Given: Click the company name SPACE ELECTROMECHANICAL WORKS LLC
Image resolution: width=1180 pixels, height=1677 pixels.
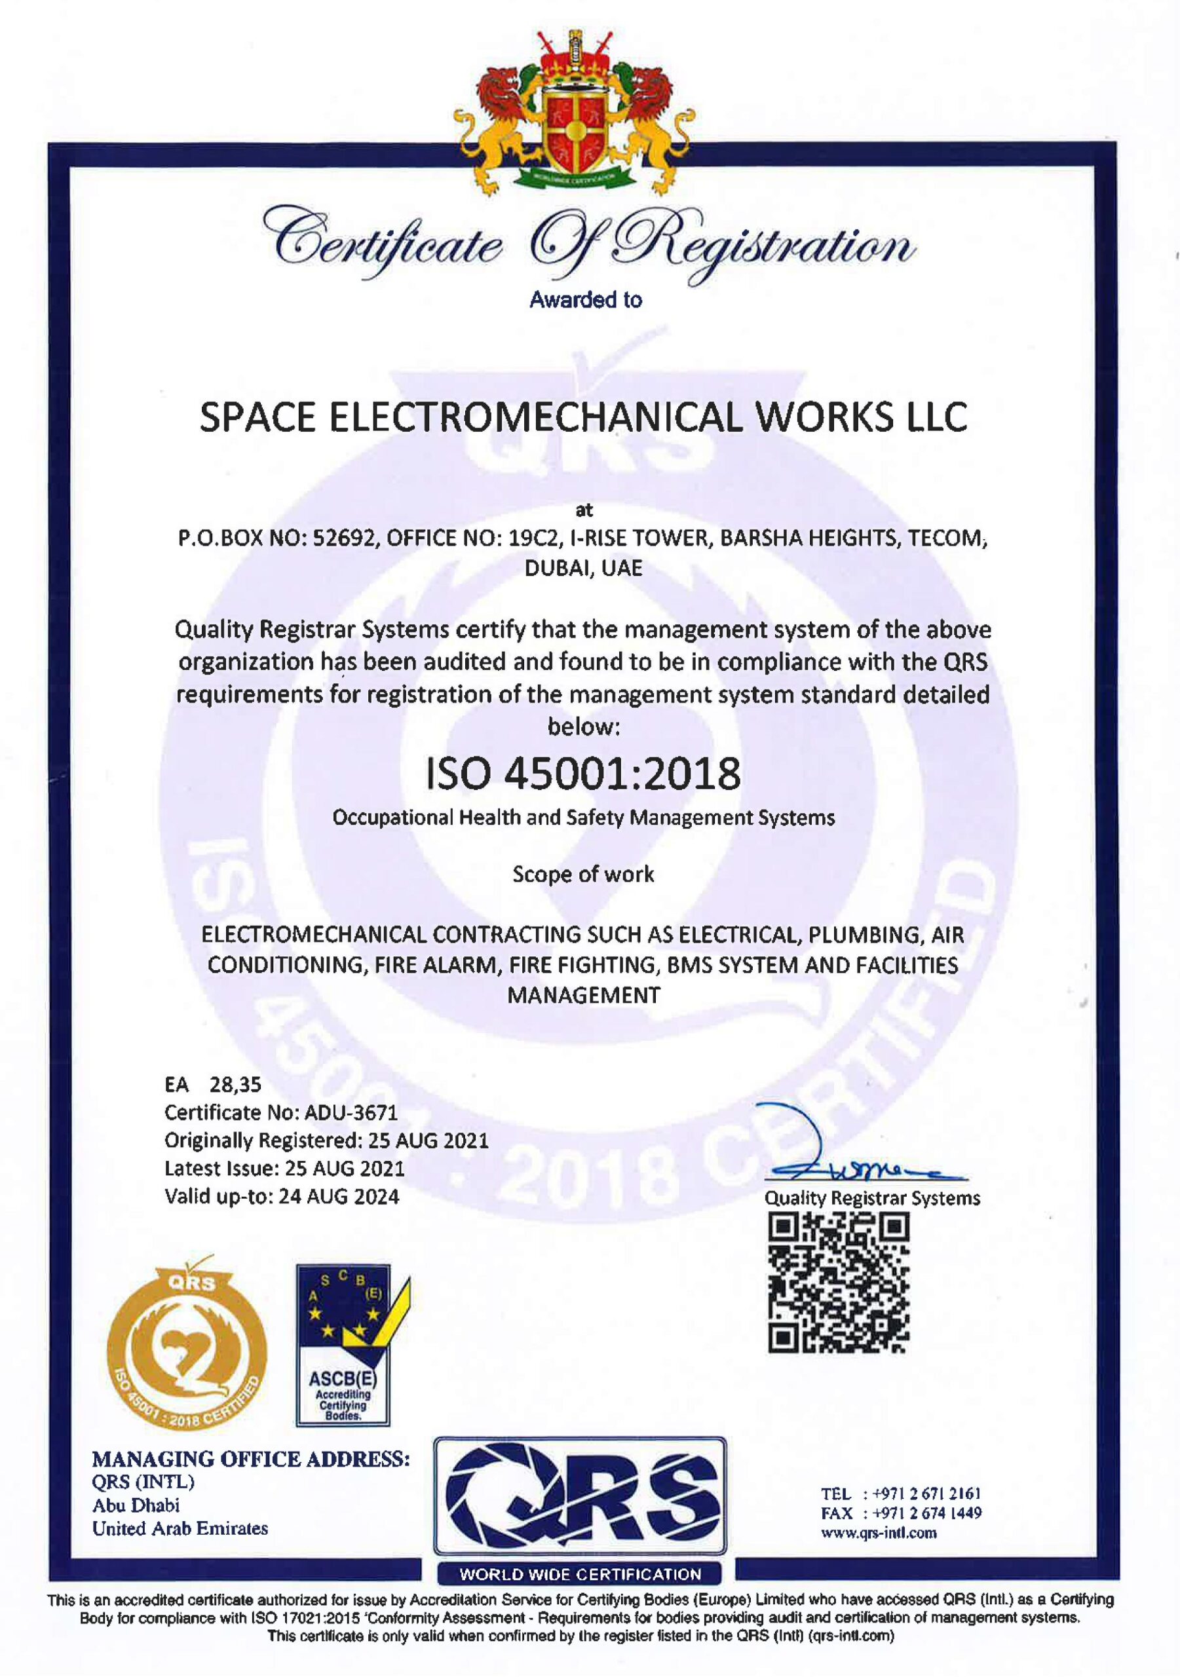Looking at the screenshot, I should [x=583, y=418].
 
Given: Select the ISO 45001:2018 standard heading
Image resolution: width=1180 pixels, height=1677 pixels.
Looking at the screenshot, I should [x=583, y=774].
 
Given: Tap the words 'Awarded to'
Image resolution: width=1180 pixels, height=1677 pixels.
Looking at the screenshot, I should [x=585, y=299].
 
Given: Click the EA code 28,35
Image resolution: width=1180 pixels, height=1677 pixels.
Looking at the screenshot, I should [x=235, y=1085].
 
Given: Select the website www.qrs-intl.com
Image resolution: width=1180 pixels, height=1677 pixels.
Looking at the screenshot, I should [x=878, y=1533].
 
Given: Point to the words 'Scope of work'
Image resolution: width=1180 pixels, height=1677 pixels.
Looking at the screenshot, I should [x=583, y=875].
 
